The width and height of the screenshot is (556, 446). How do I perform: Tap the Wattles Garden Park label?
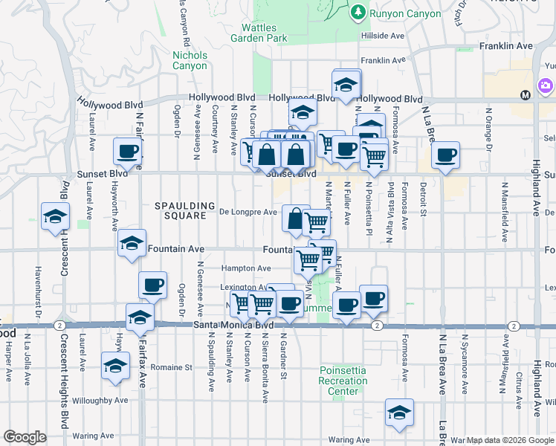tap(258, 33)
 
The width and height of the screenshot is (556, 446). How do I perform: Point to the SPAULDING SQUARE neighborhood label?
tap(179, 210)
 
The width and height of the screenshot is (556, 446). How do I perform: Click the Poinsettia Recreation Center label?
tap(343, 381)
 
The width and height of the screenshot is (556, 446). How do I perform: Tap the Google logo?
tap(25, 437)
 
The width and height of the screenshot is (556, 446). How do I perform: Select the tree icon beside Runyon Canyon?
tap(358, 12)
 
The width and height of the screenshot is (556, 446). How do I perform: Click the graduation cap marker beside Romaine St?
tap(115, 366)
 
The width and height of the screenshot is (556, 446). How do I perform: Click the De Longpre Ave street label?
tap(249, 212)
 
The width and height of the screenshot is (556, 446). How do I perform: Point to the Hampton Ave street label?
tap(246, 268)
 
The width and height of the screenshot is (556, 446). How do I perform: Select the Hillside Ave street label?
tap(383, 36)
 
